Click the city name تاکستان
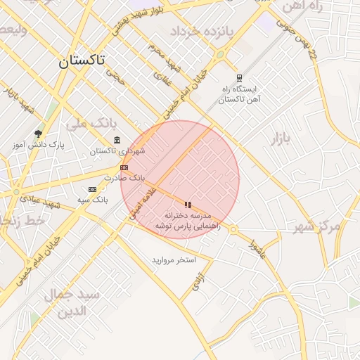(82, 61)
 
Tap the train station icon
(240, 78)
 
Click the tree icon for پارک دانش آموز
(38, 133)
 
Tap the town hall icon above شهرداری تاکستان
(116, 139)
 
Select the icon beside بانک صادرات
(124, 167)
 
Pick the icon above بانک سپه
(92, 189)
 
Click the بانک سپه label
(93, 200)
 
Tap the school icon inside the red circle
(188, 205)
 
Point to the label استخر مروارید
(173, 260)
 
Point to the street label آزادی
(199, 282)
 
